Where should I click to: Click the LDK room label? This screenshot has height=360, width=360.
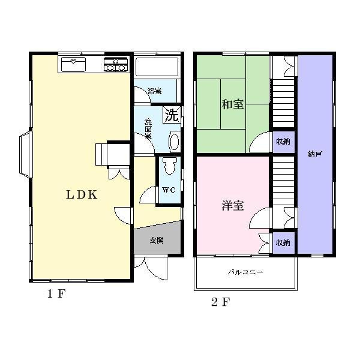coord(82,194)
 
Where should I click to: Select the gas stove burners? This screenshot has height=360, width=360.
coord(115,64)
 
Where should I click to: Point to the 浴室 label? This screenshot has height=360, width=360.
coord(155,91)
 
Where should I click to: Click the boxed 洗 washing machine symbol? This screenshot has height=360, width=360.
coord(172,115)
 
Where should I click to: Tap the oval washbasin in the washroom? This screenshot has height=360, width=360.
coord(173,142)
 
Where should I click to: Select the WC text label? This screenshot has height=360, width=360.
coord(168,190)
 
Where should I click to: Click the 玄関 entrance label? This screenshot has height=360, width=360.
coord(157,240)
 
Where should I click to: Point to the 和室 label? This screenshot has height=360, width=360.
coord(233,104)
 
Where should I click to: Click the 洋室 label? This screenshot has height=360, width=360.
coord(233,206)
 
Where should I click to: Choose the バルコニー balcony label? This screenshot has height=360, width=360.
coord(245,272)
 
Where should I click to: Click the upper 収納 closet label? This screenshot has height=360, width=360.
coord(283,142)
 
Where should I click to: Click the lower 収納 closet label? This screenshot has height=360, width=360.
coord(283,243)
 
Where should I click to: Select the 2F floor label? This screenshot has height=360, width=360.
coord(220,301)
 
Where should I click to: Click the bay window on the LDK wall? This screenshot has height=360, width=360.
coord(25,154)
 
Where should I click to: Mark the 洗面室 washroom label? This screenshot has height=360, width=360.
coord(148,129)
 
